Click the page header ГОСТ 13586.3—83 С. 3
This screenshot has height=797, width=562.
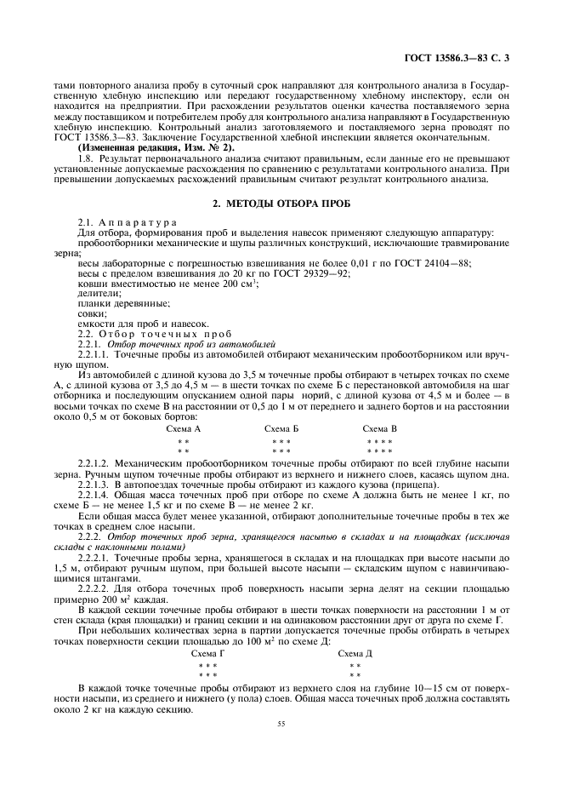pos(457,59)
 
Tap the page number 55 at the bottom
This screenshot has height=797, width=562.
pos(280,724)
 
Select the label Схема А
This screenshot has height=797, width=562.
pos(184,428)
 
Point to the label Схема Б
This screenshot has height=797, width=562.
pos(281,428)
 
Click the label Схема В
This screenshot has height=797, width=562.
pos(379,428)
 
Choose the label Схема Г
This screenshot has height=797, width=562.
pos(208,653)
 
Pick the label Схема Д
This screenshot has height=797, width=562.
pos(355,653)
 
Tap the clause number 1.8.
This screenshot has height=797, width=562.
pos(84,158)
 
